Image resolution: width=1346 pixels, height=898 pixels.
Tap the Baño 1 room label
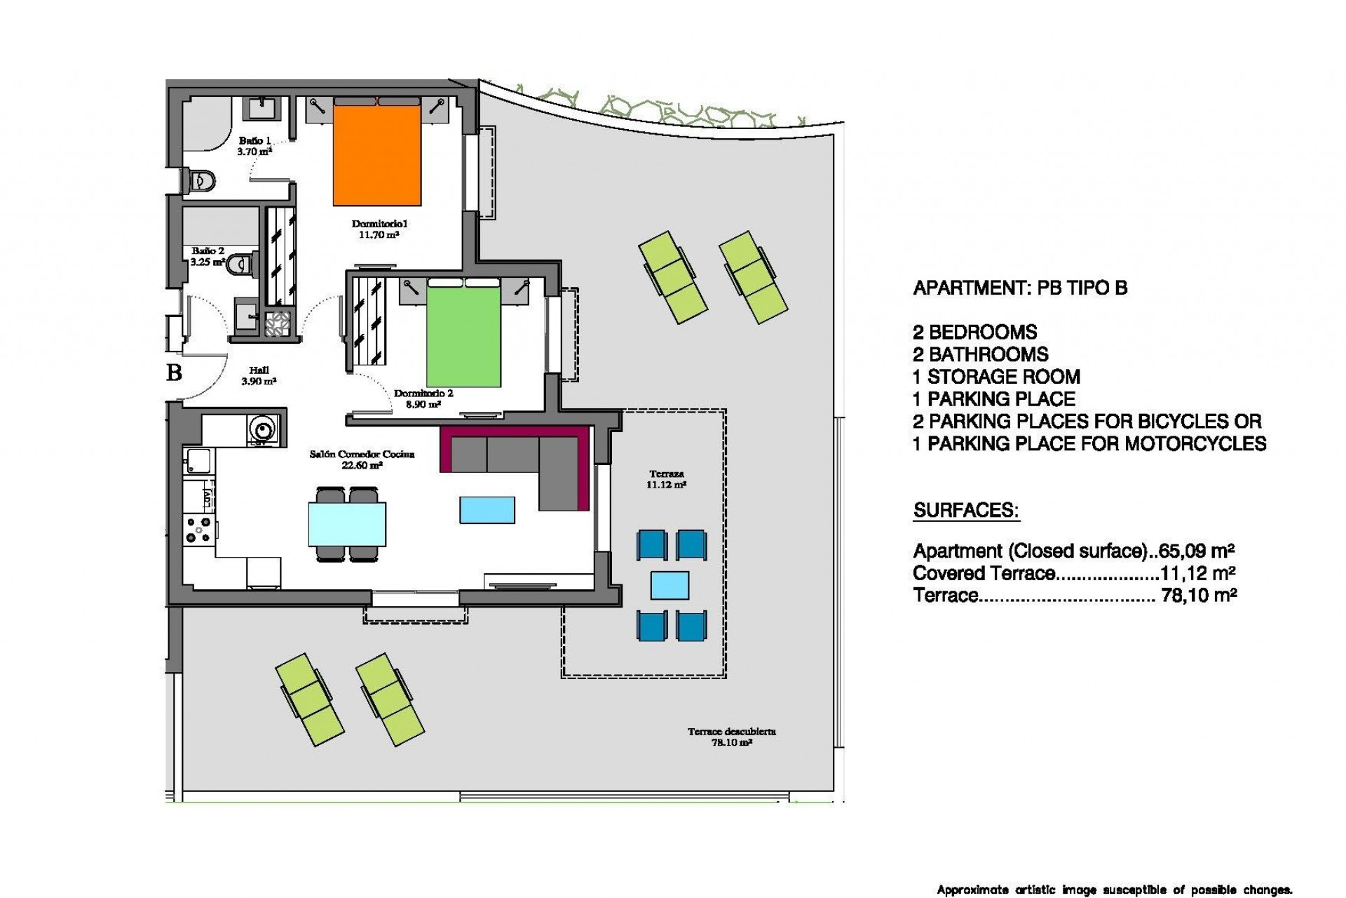254,146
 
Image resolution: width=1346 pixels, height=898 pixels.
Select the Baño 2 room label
208,256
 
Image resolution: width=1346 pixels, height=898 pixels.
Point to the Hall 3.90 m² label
259,376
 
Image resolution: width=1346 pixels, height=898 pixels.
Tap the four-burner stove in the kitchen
198,528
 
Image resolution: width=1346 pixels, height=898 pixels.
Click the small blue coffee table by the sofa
487,510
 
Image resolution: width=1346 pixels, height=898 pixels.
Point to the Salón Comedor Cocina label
362,460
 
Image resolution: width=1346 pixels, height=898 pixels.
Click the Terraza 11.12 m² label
666,479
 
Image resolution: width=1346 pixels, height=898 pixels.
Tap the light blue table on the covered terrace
669,585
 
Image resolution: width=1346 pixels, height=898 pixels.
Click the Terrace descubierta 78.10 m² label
731,737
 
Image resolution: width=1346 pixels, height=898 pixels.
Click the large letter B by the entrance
174,372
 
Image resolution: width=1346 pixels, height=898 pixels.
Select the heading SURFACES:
966,510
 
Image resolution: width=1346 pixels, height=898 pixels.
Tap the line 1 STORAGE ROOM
996,377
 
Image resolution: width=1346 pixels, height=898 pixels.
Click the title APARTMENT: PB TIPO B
1020,288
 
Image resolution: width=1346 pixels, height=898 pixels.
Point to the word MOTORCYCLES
1195,443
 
